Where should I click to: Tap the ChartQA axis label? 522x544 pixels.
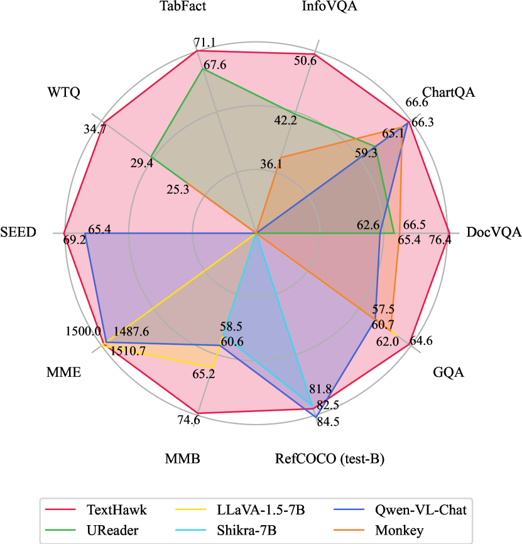[449, 92]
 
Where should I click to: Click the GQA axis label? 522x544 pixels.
[449, 373]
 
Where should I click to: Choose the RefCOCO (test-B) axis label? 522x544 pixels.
[329, 459]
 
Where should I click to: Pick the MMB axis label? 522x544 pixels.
[183, 459]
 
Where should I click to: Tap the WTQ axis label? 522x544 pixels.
[63, 92]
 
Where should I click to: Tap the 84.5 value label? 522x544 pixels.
[328, 422]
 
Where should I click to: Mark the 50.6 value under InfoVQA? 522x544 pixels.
[305, 60]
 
